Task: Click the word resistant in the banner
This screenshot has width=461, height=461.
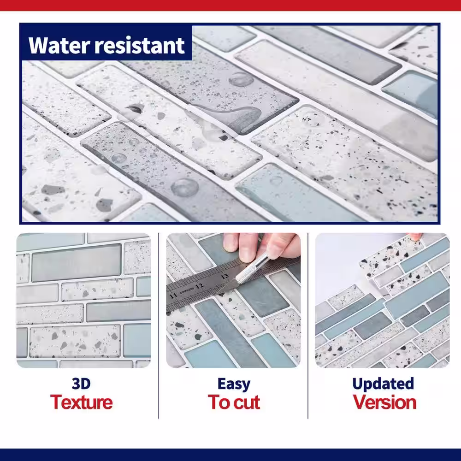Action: tap(140, 45)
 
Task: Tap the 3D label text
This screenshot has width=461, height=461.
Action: tap(81, 384)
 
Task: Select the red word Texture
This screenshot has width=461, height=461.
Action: tap(82, 402)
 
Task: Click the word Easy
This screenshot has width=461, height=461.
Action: tap(234, 384)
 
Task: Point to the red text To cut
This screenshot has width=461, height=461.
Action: tap(234, 402)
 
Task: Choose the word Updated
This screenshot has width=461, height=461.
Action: tap(383, 384)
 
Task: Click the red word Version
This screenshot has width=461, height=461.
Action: tap(384, 402)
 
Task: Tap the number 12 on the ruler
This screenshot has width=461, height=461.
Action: tap(199, 286)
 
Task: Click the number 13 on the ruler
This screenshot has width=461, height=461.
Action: tap(225, 276)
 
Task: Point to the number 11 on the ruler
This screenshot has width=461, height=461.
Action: tap(173, 295)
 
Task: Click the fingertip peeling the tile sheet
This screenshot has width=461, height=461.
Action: tap(414, 236)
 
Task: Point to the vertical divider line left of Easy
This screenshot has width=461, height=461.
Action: tap(159, 326)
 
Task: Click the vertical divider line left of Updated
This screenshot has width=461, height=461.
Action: tap(308, 326)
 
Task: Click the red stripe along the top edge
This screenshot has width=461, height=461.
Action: tap(230, 5)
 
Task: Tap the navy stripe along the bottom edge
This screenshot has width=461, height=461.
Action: tap(230, 455)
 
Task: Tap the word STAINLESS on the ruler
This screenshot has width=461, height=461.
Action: tap(186, 290)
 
